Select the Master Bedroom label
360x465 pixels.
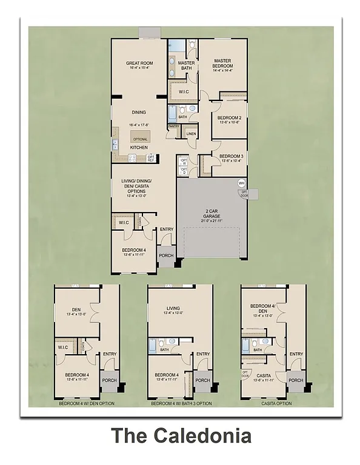click(223, 65)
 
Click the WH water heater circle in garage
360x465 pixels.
click(241, 183)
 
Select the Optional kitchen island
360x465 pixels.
click(140, 139)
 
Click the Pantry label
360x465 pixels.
click(174, 127)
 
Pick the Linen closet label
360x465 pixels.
click(191, 133)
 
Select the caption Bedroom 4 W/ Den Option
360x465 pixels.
click(86, 403)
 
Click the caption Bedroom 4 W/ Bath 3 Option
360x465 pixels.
click(181, 403)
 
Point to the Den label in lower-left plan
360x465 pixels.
click(76, 311)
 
